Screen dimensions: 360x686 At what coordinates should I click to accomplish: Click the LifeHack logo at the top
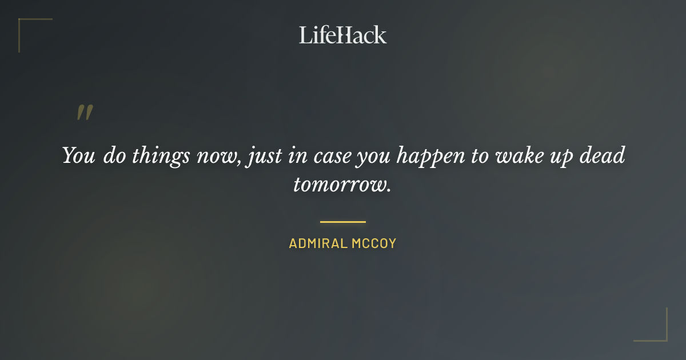tap(342, 35)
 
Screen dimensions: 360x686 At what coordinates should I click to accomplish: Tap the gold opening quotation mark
tap(84, 113)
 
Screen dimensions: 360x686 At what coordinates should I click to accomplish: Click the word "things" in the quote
tap(161, 156)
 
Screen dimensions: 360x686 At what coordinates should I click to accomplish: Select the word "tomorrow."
tap(342, 185)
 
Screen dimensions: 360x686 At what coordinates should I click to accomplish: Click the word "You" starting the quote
tap(79, 156)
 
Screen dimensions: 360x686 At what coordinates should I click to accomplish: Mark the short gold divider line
tap(342, 222)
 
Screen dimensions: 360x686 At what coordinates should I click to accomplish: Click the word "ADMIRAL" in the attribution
tap(318, 243)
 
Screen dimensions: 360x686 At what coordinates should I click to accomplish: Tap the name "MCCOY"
tap(373, 243)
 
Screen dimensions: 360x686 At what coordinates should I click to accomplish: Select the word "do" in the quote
tap(115, 156)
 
